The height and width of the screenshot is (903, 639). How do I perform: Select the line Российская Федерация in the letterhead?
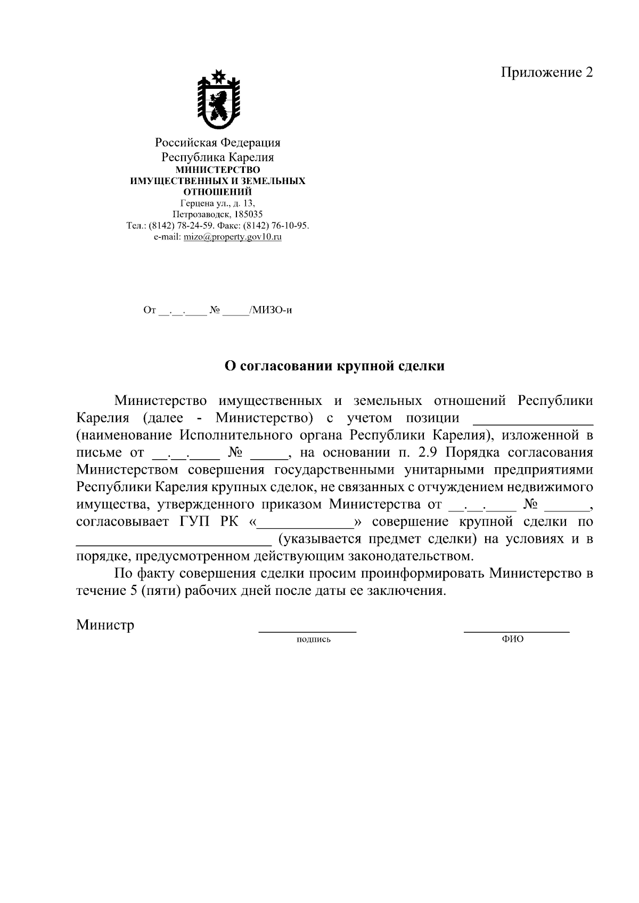pyautogui.click(x=217, y=143)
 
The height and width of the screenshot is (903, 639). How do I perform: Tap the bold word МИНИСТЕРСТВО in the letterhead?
pyautogui.click(x=218, y=170)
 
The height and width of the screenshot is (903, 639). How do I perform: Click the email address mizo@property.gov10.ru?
pyautogui.click(x=232, y=237)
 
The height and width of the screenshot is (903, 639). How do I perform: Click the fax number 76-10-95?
pyautogui.click(x=288, y=226)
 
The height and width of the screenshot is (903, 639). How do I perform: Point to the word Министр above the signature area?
pyautogui.click(x=105, y=624)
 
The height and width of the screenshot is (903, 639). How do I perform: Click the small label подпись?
pyautogui.click(x=314, y=639)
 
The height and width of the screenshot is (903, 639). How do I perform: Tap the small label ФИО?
pyautogui.click(x=512, y=639)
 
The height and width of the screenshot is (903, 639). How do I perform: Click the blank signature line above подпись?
pyautogui.click(x=307, y=631)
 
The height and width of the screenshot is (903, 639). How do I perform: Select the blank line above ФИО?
pyautogui.click(x=517, y=631)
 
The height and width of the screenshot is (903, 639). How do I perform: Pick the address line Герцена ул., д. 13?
pyautogui.click(x=217, y=203)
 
